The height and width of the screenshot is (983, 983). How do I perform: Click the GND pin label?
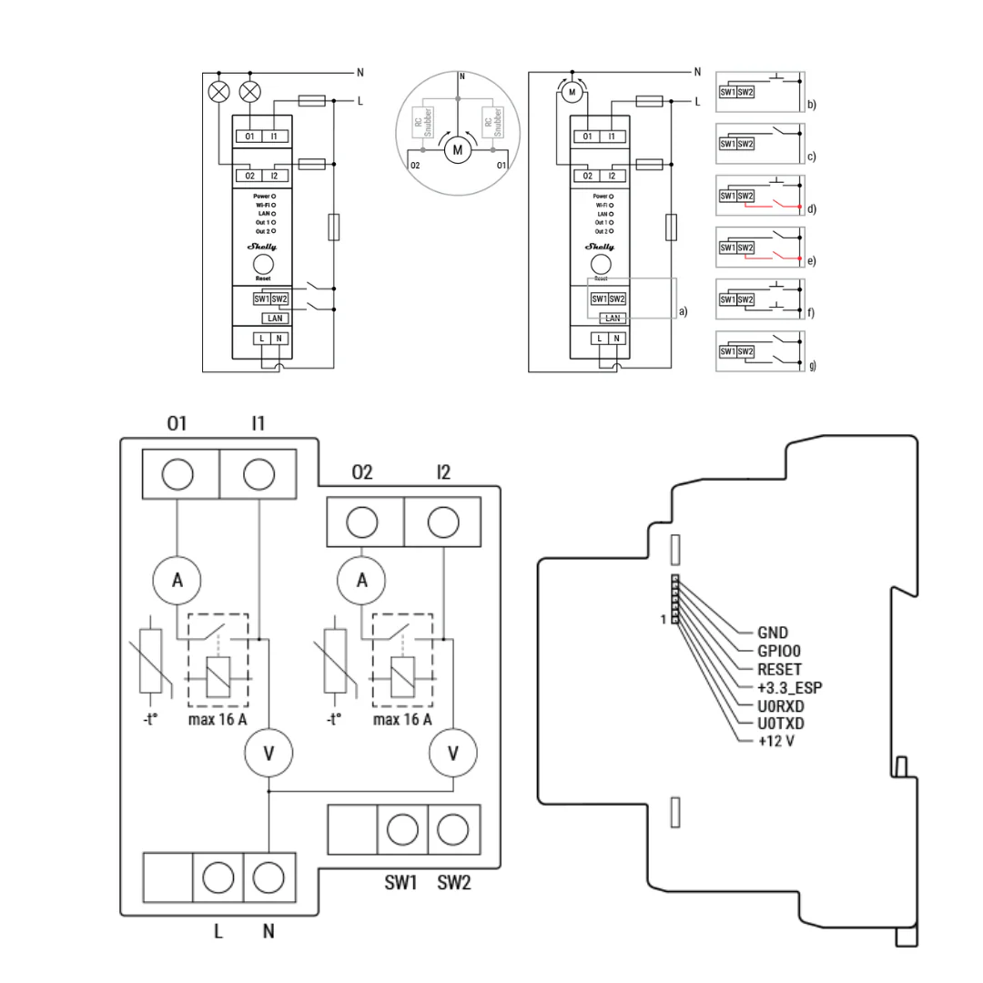click(x=773, y=633)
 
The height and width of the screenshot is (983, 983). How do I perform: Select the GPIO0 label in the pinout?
click(x=780, y=651)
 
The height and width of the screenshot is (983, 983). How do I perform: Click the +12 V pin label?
click(x=775, y=741)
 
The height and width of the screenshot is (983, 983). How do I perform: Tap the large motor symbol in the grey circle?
click(x=458, y=149)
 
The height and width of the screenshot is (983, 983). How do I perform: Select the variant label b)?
click(x=811, y=105)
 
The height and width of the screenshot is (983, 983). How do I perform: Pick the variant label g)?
click(x=811, y=366)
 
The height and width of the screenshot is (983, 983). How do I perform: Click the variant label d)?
click(x=811, y=209)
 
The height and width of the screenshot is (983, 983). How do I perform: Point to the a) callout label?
click(x=683, y=311)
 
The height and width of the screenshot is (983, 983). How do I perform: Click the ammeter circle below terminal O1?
click(x=177, y=581)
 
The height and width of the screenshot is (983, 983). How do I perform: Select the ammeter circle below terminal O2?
click(x=362, y=581)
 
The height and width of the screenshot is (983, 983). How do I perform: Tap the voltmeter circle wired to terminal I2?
click(x=452, y=754)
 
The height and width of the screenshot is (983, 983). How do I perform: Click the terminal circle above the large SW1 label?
click(x=402, y=829)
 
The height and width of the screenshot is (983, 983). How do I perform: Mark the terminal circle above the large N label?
click(x=269, y=878)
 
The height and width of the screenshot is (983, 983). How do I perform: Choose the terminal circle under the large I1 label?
click(x=259, y=474)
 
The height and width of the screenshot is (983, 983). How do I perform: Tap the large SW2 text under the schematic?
click(x=454, y=882)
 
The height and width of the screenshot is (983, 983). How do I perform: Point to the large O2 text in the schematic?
click(x=361, y=471)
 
